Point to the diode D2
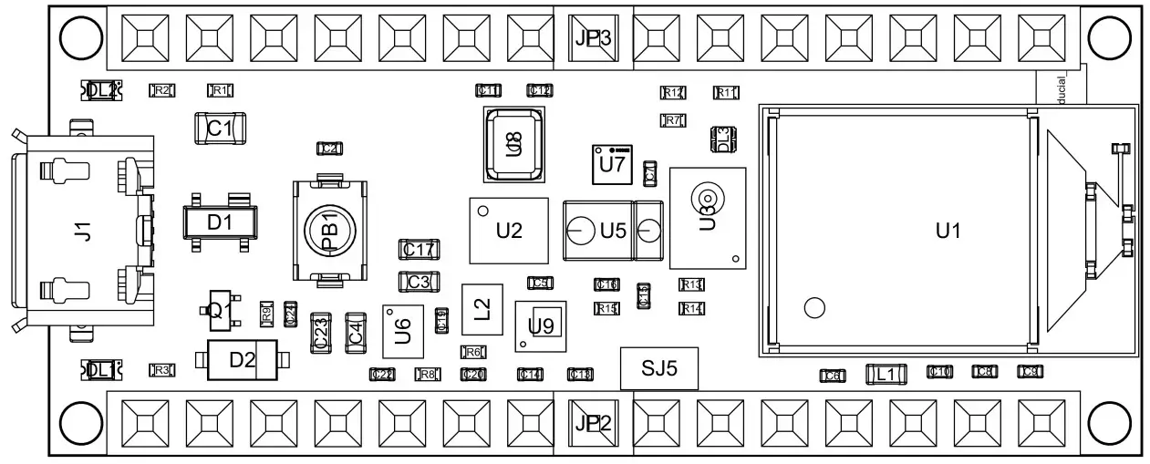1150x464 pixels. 242,360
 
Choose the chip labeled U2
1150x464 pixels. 509,231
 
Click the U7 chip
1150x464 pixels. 612,165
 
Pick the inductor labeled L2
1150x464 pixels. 482,310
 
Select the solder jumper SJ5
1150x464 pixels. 659,368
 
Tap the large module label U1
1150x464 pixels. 948,232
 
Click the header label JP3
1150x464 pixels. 593,38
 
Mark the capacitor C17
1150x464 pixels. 420,249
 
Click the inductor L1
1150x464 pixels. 886,373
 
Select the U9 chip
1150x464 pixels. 541,325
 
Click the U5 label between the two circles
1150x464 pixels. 613,232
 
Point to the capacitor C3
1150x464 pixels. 420,282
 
